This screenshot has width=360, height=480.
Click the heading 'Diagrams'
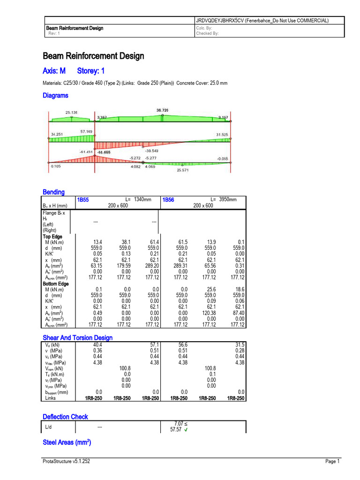(x=55, y=96)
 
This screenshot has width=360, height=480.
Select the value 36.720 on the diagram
(x=162, y=110)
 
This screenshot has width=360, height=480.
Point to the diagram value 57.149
(x=86, y=132)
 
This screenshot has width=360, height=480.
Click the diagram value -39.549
(x=151, y=151)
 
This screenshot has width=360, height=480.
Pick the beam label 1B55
(x=83, y=200)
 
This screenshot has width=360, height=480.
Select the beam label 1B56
(x=168, y=200)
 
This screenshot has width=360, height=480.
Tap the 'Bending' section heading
(x=54, y=192)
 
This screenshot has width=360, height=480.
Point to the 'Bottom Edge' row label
(x=56, y=284)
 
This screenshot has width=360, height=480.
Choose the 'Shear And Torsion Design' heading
(x=78, y=337)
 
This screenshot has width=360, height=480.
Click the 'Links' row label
(x=50, y=398)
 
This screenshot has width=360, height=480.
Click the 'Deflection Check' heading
(x=66, y=417)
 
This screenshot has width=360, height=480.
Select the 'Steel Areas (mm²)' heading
(x=67, y=442)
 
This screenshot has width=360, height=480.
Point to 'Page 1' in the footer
(x=332, y=462)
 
